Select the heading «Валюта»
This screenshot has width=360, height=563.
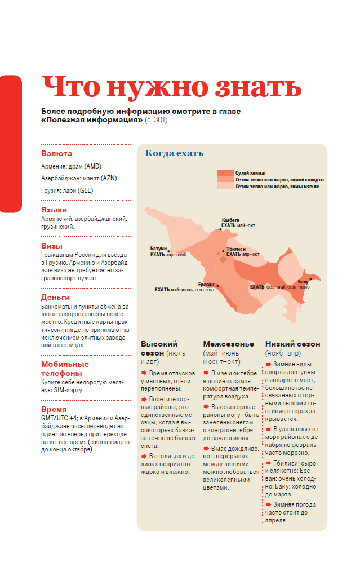click(56, 153)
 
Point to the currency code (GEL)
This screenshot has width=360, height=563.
click(86, 190)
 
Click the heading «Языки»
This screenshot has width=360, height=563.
click(54, 210)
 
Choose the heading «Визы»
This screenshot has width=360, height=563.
click(51, 246)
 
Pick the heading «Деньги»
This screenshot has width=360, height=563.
click(55, 297)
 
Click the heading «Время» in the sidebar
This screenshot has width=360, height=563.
click(54, 409)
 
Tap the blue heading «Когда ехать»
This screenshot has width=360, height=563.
click(174, 153)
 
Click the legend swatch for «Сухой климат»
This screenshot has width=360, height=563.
click(225, 172)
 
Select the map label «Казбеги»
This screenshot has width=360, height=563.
click(230, 220)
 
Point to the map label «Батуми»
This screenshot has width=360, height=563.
click(158, 249)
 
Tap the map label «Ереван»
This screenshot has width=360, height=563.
click(207, 284)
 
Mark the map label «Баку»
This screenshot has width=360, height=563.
click(303, 281)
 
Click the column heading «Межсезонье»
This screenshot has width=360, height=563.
click(226, 344)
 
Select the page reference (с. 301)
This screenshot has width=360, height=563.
click(156, 120)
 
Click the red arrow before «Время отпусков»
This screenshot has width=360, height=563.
click(144, 373)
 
